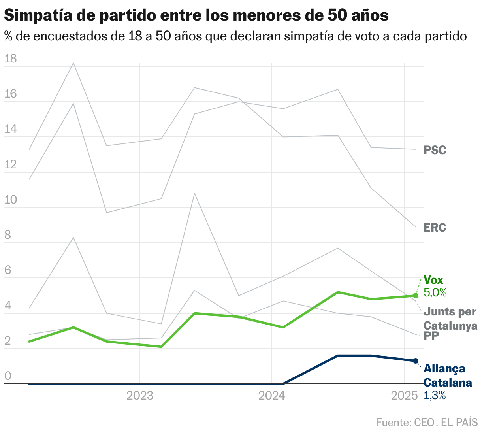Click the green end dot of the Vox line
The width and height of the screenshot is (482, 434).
click(x=415, y=296)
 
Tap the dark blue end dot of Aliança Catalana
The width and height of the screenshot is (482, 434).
click(x=415, y=360)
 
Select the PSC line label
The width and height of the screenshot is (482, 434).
click(x=435, y=150)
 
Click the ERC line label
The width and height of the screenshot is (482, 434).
click(x=435, y=228)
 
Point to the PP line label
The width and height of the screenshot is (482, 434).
click(x=431, y=336)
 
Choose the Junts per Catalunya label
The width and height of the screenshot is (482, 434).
click(x=450, y=319)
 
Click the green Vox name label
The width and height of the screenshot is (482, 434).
click(x=433, y=280)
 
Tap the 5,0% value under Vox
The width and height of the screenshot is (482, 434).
click(x=435, y=292)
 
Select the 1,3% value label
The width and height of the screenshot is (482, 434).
click(x=435, y=395)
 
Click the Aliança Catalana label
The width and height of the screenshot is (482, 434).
click(x=447, y=376)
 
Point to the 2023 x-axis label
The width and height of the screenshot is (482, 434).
click(x=140, y=396)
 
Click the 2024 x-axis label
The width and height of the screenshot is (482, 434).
click(x=272, y=396)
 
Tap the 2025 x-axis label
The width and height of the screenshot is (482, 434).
click(x=404, y=396)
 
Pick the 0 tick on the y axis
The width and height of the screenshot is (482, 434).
click(x=8, y=376)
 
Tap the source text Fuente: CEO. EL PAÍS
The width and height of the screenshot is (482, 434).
click(x=427, y=422)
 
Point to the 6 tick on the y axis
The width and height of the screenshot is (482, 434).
click(x=8, y=270)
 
